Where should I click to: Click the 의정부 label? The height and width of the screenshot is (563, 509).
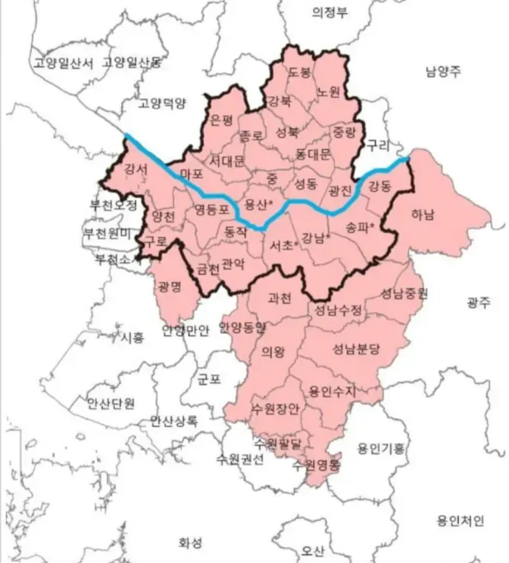pyautogui.click(x=329, y=12)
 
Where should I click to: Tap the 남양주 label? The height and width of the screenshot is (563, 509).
pyautogui.click(x=443, y=72)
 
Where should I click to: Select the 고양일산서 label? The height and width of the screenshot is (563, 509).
pyautogui.click(x=64, y=63)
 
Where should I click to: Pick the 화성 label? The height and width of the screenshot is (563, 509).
pyautogui.click(x=190, y=543)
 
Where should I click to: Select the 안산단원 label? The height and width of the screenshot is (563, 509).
pyautogui.click(x=111, y=403)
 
